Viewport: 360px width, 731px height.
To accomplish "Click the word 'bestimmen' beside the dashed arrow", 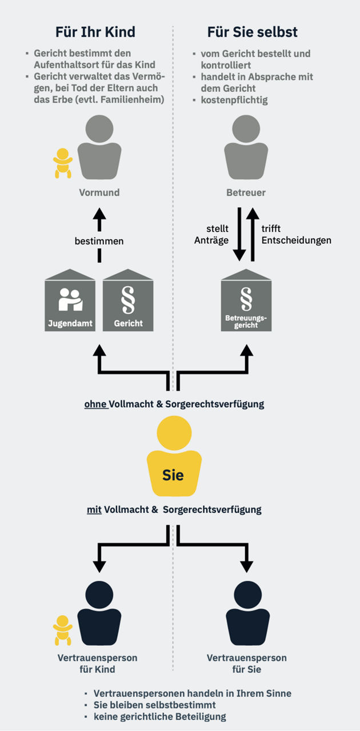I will click(99, 241).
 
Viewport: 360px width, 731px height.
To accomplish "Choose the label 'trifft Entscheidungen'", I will click(296, 235).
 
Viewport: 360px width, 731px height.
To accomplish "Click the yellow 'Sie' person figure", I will click(173, 457).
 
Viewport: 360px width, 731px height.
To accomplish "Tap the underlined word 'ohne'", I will click(95, 404).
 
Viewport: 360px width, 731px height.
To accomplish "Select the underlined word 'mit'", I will click(94, 509).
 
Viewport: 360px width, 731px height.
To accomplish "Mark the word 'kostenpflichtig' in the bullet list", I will click(234, 100).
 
